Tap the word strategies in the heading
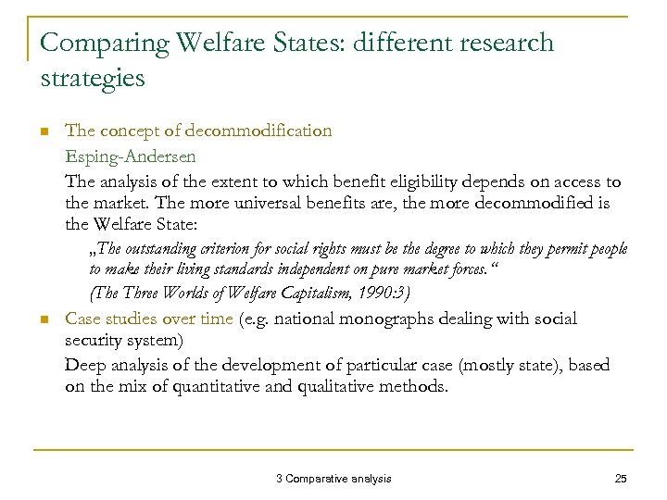94,78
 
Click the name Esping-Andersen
130,156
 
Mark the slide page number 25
621,478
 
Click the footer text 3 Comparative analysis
333,478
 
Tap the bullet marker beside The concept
43,131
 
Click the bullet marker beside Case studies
43,319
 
